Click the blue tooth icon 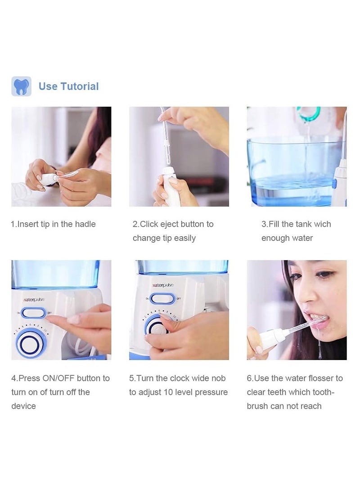[x=21, y=86]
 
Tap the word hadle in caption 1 [x=85, y=224]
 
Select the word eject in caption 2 [x=181, y=224]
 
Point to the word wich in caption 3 [x=322, y=224]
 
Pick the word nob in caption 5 [x=217, y=378]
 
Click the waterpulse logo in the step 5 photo [x=163, y=285]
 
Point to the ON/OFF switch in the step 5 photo [x=162, y=298]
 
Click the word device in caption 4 [x=23, y=406]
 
